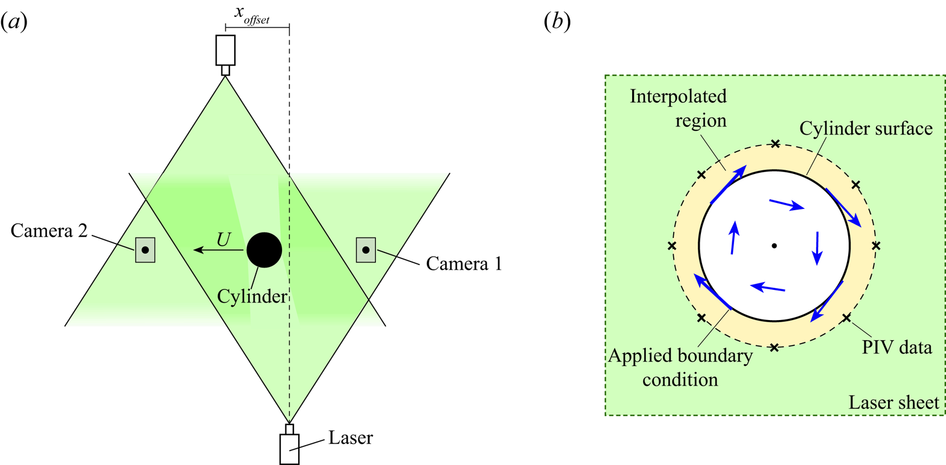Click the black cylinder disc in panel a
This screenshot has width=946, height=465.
point(264,249)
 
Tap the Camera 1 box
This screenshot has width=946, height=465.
point(365,249)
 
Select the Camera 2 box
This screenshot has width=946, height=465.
point(145,249)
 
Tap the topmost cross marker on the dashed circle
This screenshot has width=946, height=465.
point(775,144)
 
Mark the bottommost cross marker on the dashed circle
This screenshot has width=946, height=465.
point(775,347)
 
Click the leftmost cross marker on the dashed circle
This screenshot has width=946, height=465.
point(673,246)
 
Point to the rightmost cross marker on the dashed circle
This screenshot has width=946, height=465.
point(877,245)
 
